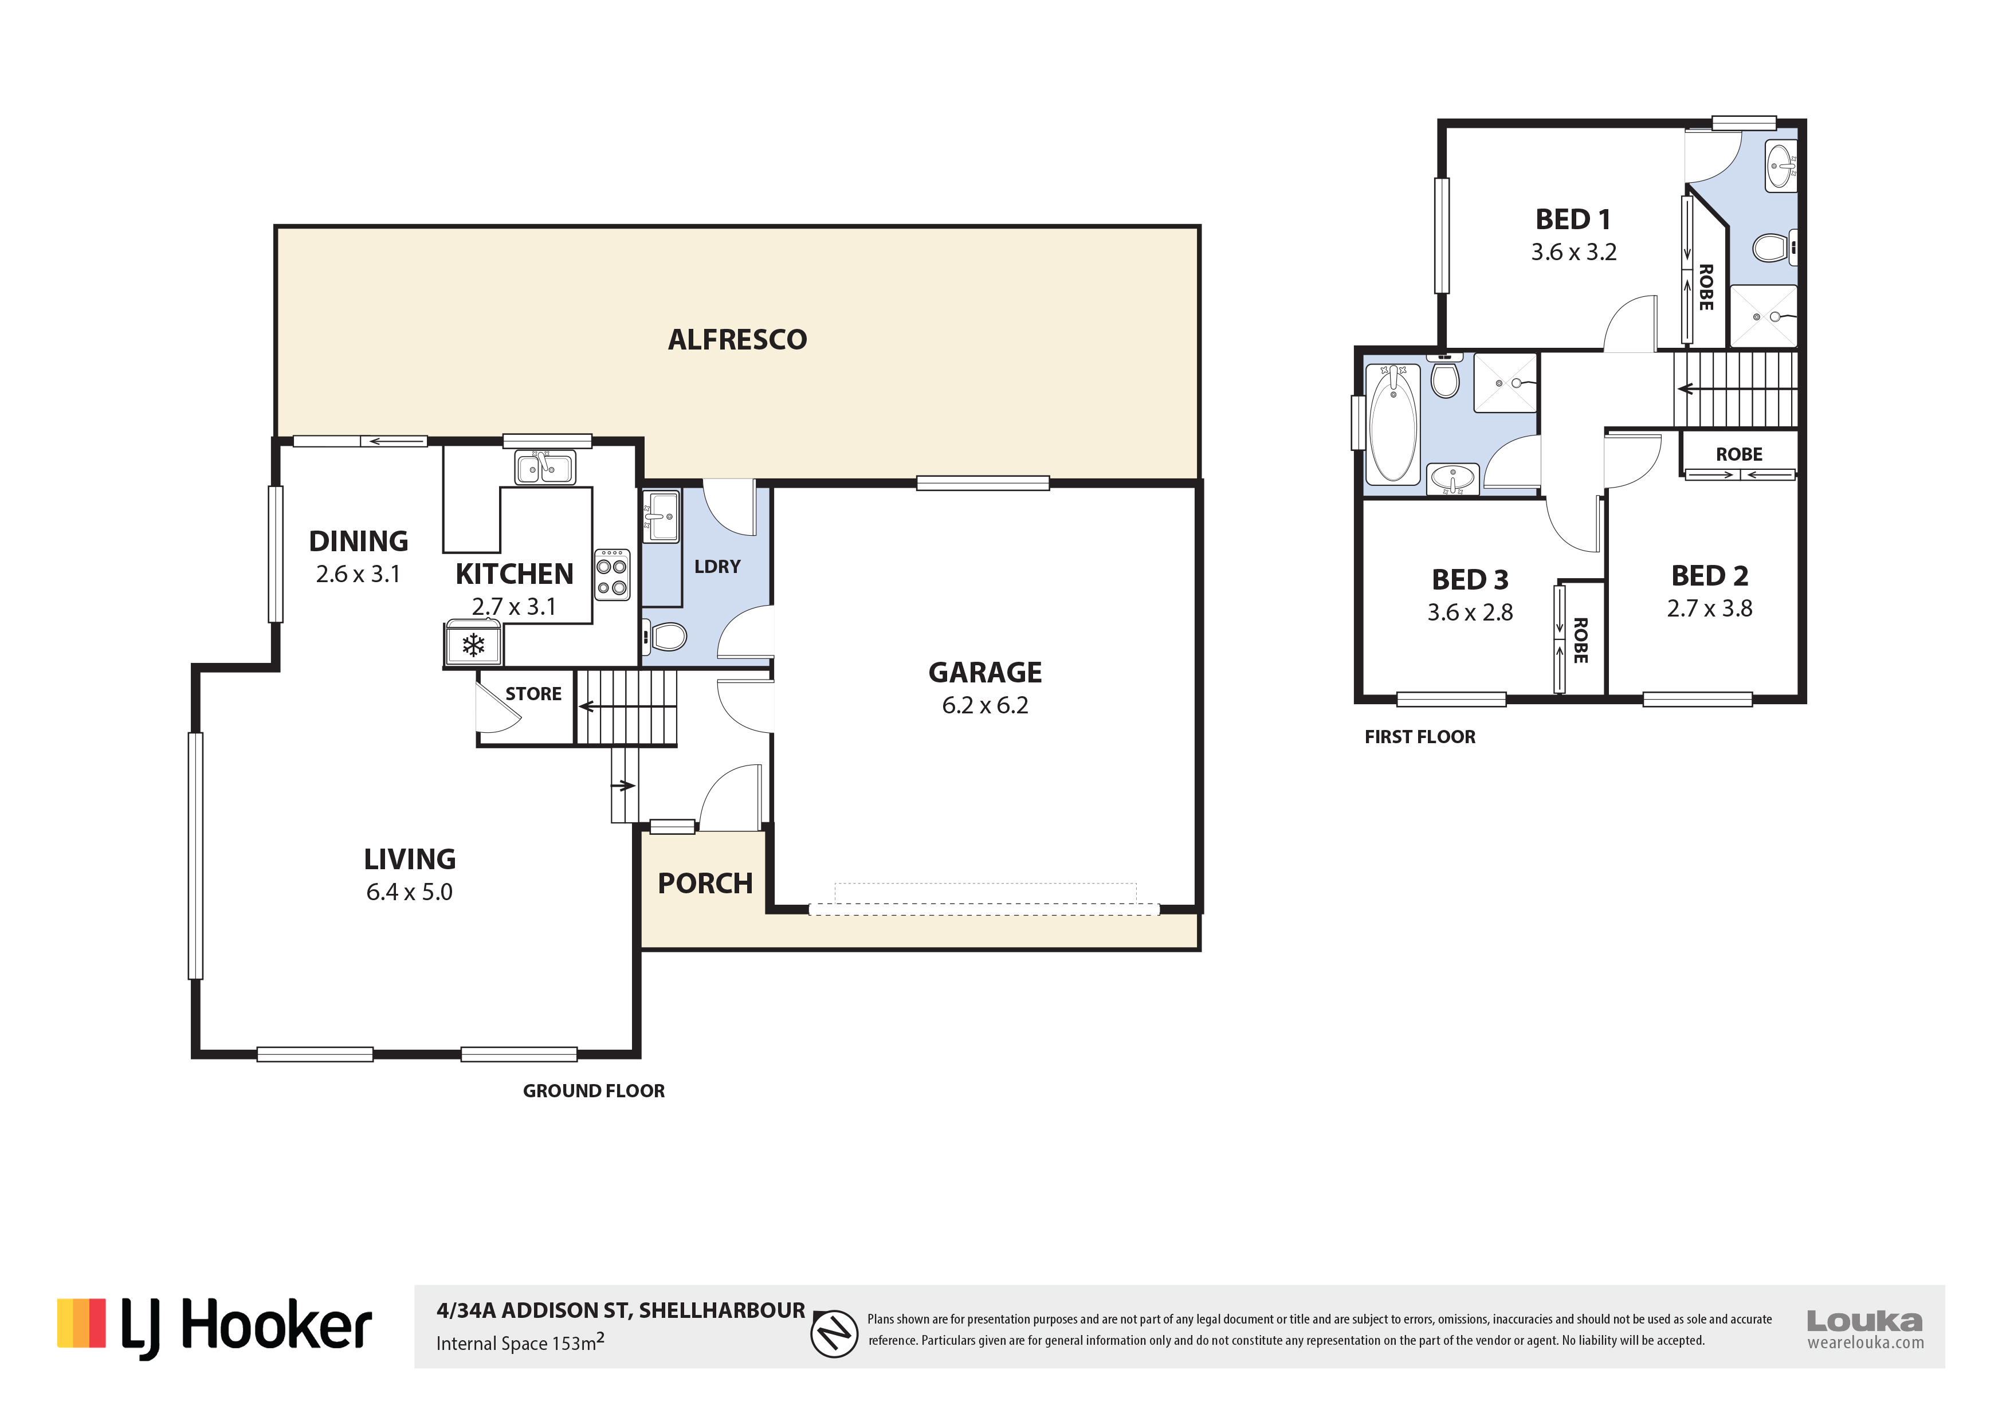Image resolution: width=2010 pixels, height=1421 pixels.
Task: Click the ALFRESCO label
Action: click(x=737, y=340)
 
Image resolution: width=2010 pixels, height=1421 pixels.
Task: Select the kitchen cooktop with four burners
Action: click(x=612, y=575)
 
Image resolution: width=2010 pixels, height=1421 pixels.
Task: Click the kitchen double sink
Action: click(x=544, y=468)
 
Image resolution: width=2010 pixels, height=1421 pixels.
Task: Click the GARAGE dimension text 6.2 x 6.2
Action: click(x=985, y=706)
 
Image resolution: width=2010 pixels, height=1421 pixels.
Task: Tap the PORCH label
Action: click(x=705, y=884)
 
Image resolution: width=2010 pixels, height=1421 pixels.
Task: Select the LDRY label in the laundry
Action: click(x=717, y=567)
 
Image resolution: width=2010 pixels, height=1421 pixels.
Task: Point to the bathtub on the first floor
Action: click(x=1393, y=424)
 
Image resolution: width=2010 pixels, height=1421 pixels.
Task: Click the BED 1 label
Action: click(x=1573, y=219)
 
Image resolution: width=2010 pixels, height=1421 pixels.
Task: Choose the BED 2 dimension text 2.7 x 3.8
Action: click(x=1709, y=609)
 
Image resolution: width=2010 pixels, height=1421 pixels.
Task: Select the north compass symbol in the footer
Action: click(x=834, y=1333)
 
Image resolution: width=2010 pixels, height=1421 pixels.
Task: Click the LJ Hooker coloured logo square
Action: click(x=81, y=1323)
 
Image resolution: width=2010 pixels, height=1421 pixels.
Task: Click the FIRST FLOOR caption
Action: click(x=1420, y=737)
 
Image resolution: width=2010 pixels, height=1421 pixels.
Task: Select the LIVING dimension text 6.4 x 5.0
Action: click(x=409, y=892)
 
